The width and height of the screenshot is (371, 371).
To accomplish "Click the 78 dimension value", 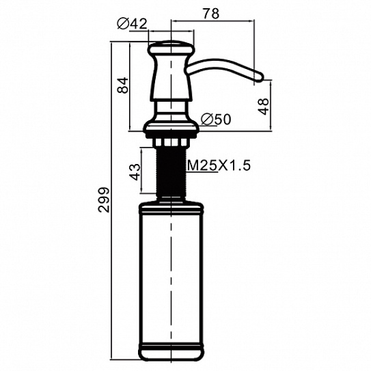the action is (211, 14).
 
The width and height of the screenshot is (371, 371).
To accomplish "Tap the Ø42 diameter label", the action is (133, 24).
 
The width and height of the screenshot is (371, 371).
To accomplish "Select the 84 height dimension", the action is (123, 85).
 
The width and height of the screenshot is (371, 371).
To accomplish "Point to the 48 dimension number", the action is (263, 106).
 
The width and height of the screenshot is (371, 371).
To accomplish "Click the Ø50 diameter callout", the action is (215, 119).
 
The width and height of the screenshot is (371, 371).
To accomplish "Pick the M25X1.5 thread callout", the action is (219, 165).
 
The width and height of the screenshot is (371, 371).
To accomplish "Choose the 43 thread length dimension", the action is (135, 171).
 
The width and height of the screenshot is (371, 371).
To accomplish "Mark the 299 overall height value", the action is (104, 200).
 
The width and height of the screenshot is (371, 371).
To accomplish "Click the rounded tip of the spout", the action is (260, 77).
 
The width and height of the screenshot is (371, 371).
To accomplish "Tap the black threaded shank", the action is (171, 172).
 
